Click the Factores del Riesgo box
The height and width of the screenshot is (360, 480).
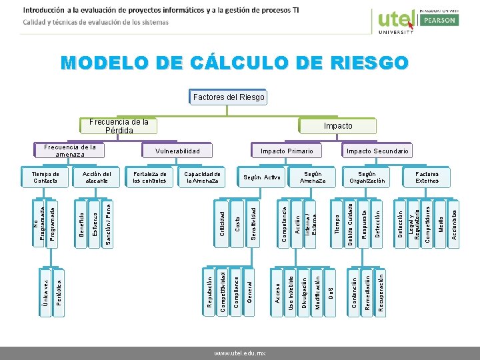point(229,97)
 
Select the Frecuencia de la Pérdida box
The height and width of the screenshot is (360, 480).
point(119,126)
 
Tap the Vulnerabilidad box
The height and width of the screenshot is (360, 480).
point(177,151)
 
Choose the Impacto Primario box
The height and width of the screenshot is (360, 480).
point(287,151)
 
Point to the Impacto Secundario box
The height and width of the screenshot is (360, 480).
point(378,151)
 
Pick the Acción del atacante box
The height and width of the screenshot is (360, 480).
point(97,177)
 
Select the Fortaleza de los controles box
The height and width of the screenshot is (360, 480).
point(149,177)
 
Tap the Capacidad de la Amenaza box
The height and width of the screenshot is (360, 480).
point(203,177)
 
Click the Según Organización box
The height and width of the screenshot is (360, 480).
point(367,177)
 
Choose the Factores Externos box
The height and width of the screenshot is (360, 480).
point(427,177)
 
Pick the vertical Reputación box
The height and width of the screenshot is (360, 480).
point(209,291)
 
